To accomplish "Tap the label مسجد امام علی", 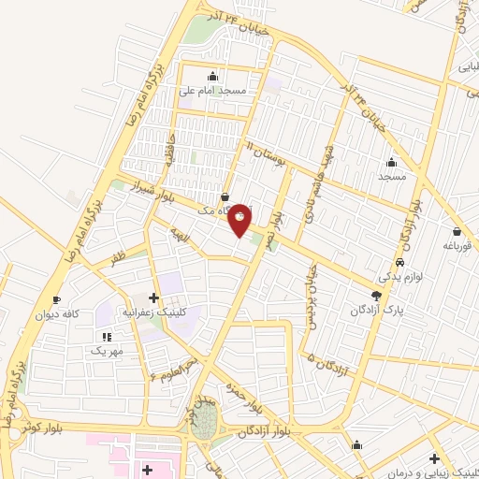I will click(x=215, y=91).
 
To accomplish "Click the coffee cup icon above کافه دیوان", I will click(x=57, y=300).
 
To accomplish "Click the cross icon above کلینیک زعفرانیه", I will click(x=153, y=297).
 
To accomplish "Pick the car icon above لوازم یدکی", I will click(x=400, y=264).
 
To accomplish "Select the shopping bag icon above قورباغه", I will click(x=457, y=232).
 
